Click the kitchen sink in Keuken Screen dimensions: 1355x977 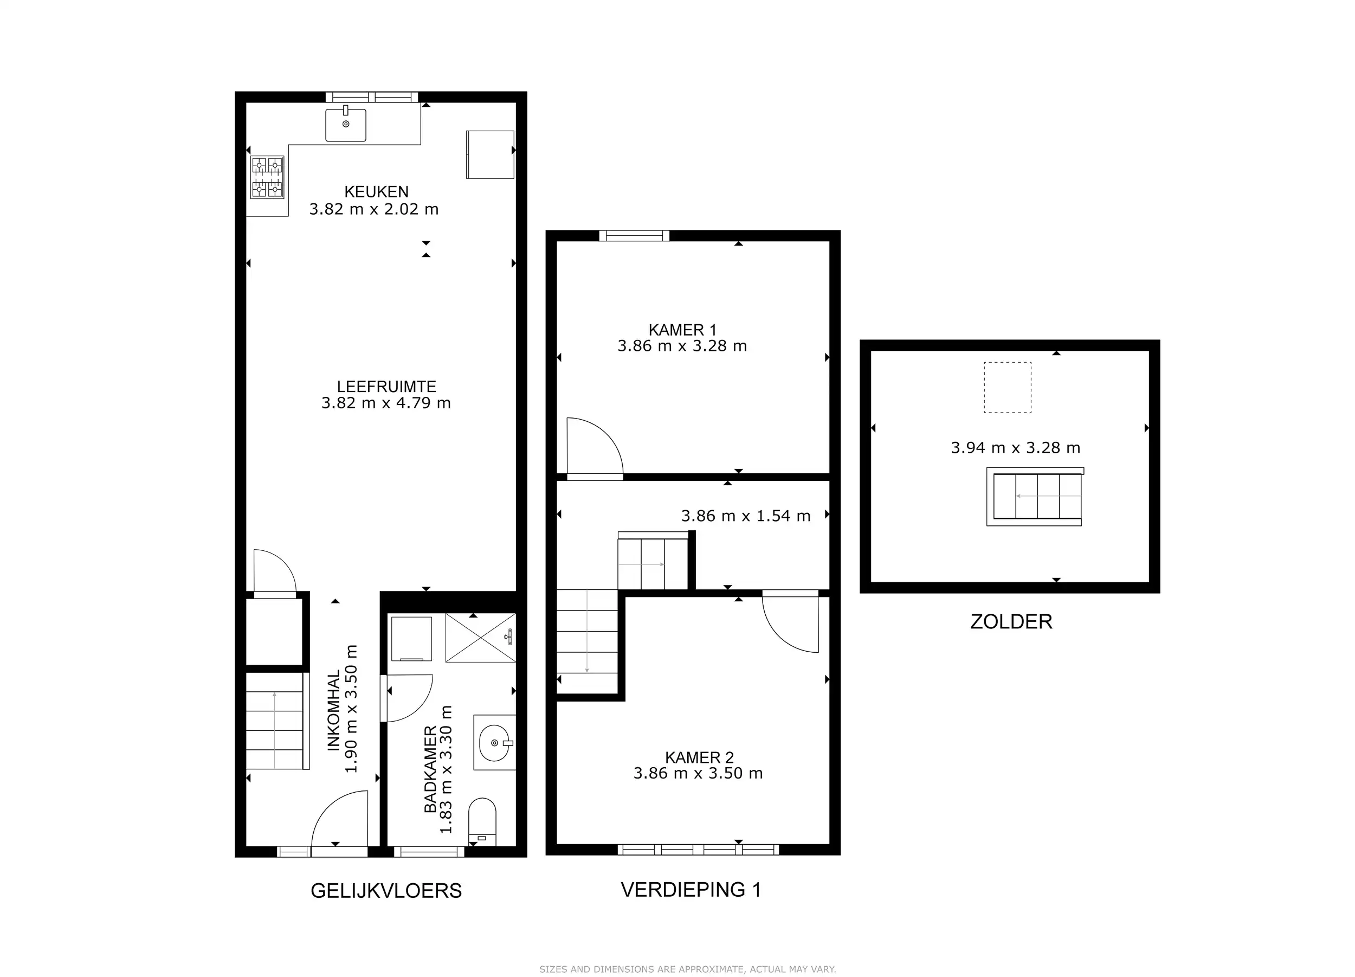tap(345, 124)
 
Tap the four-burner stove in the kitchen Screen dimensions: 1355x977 tap(267, 177)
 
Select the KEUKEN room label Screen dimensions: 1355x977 tap(376, 192)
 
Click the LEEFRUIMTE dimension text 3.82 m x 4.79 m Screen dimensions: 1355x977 tap(386, 403)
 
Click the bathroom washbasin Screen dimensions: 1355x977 tap(495, 742)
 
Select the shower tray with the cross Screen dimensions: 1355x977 tap(481, 638)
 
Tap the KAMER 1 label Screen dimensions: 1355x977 tap(682, 330)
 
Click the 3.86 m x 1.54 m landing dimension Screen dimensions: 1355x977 tap(746, 516)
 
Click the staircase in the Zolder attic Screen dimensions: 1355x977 tap(1035, 497)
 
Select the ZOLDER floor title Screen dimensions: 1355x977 tap(1011, 621)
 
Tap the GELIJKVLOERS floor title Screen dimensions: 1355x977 tap(386, 891)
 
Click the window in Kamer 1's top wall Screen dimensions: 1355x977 tap(634, 235)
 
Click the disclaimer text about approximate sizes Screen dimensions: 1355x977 tap(688, 953)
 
